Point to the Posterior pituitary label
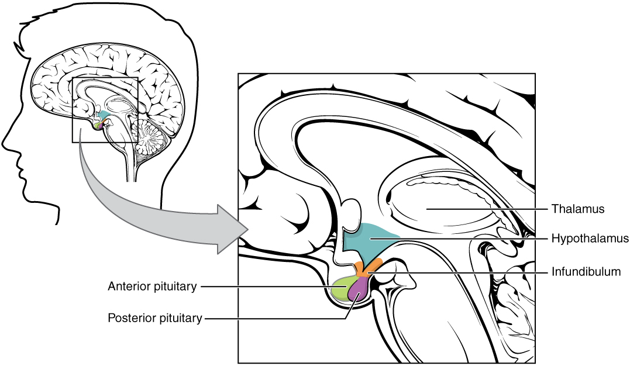pyautogui.click(x=155, y=319)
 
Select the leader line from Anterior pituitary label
pyautogui.click(x=263, y=286)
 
